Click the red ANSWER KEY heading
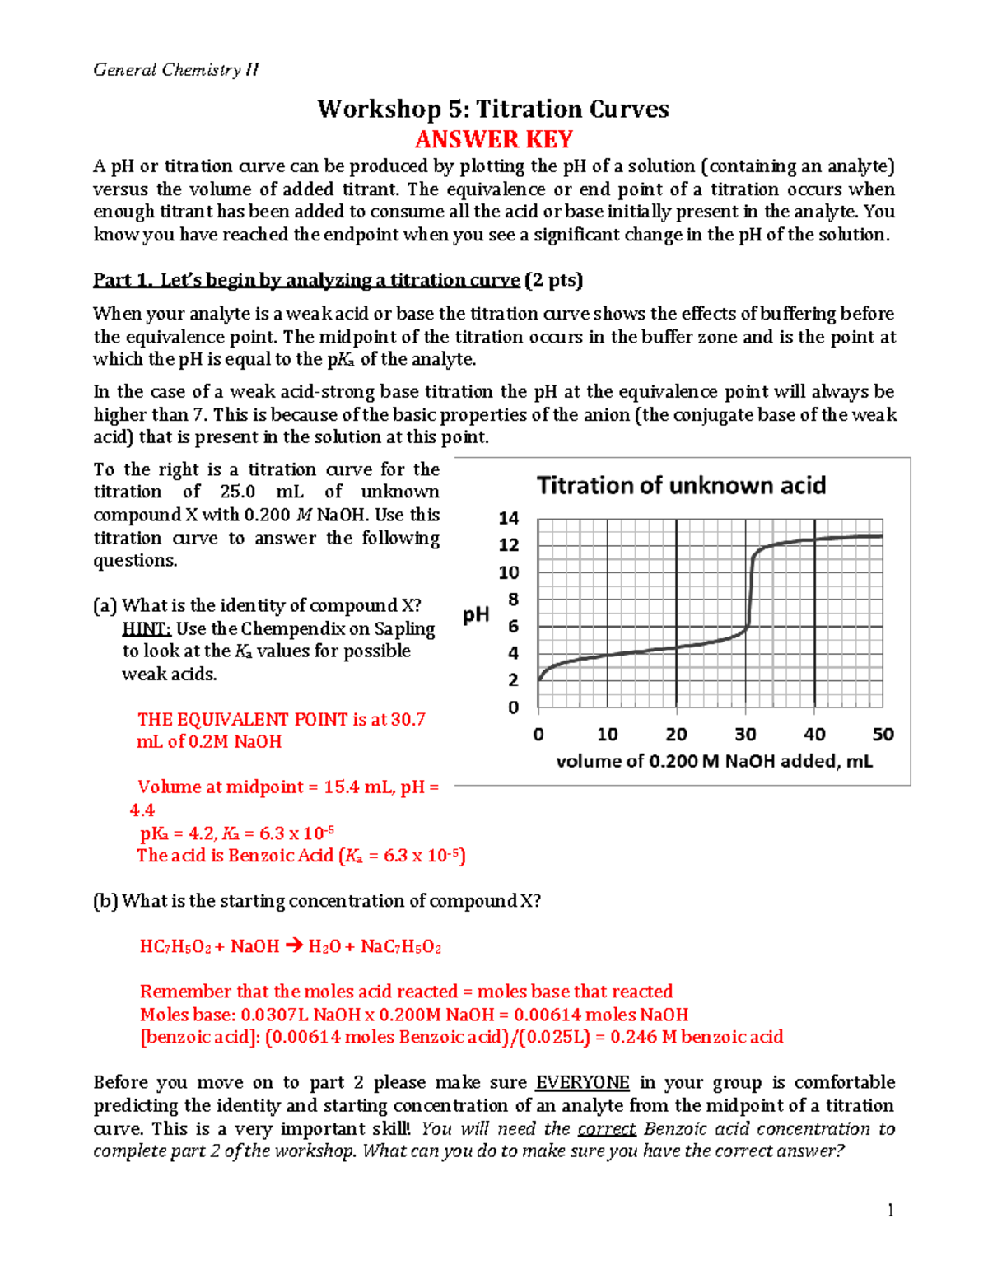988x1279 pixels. [x=493, y=139]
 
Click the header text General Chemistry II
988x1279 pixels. [x=175, y=70]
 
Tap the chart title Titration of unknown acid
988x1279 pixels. [x=681, y=486]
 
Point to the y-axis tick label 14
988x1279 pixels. [x=509, y=518]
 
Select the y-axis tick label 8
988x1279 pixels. [x=513, y=600]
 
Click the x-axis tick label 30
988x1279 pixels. [x=745, y=734]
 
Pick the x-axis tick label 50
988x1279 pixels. [x=883, y=734]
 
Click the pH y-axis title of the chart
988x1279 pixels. [x=476, y=614]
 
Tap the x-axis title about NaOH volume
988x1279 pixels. [x=714, y=761]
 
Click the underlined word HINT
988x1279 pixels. [x=147, y=628]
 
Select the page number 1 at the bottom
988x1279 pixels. [x=890, y=1210]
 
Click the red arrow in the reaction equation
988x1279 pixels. [x=293, y=946]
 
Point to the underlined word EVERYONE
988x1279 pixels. [x=582, y=1082]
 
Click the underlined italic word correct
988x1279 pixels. [x=607, y=1128]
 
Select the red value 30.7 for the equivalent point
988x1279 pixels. [x=408, y=719]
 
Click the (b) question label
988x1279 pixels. [x=105, y=901]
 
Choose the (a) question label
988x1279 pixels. [x=105, y=606]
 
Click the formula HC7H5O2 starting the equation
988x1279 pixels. [x=175, y=947]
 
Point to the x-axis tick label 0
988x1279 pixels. [x=538, y=734]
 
